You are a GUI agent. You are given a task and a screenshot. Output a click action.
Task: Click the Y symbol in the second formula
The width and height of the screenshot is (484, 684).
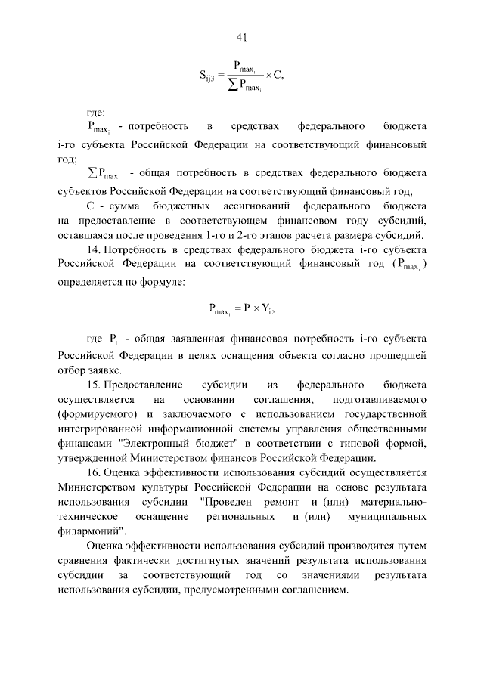265,308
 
